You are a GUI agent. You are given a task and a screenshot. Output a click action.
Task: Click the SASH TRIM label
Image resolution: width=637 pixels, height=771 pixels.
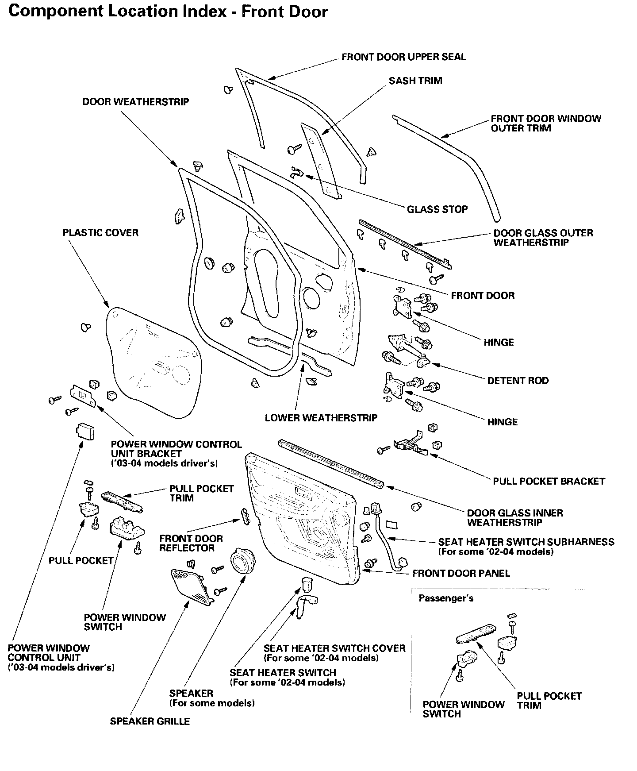415,81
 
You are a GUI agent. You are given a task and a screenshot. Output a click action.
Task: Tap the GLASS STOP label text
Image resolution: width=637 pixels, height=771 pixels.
437,209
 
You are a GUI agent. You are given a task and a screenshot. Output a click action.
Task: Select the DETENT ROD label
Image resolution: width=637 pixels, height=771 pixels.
518,381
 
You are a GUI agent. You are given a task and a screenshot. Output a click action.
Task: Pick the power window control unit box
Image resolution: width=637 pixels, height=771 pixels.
85,431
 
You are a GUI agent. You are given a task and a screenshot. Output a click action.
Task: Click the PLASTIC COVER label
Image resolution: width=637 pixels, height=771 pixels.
100,233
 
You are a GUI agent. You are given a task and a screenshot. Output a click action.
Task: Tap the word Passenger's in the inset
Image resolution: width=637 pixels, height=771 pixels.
446,598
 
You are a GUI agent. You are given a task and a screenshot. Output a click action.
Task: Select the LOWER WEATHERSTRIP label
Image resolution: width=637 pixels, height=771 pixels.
321,418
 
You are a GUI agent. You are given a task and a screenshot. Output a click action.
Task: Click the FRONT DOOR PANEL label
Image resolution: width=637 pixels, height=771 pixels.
461,574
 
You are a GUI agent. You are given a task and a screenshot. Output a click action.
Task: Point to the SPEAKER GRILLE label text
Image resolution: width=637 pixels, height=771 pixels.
150,721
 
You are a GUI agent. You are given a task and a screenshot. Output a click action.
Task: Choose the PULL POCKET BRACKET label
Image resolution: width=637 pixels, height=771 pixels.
549,481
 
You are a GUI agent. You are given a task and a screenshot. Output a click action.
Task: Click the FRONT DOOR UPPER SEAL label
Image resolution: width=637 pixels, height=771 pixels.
403,57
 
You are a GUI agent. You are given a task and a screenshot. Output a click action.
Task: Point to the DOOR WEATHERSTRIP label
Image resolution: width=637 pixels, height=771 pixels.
135,102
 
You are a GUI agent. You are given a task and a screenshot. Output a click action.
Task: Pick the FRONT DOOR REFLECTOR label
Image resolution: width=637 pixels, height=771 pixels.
191,544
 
